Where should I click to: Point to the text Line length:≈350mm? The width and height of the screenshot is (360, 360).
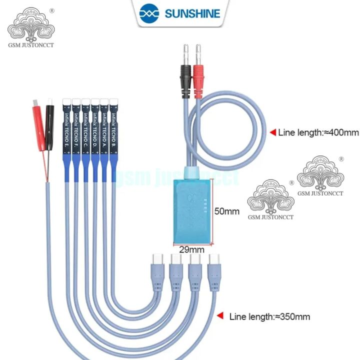pyautogui.click(x=269, y=316)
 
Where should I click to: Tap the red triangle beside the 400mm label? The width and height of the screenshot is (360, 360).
pyautogui.click(x=273, y=132)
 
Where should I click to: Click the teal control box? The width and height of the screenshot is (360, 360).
pyautogui.click(x=192, y=210)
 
